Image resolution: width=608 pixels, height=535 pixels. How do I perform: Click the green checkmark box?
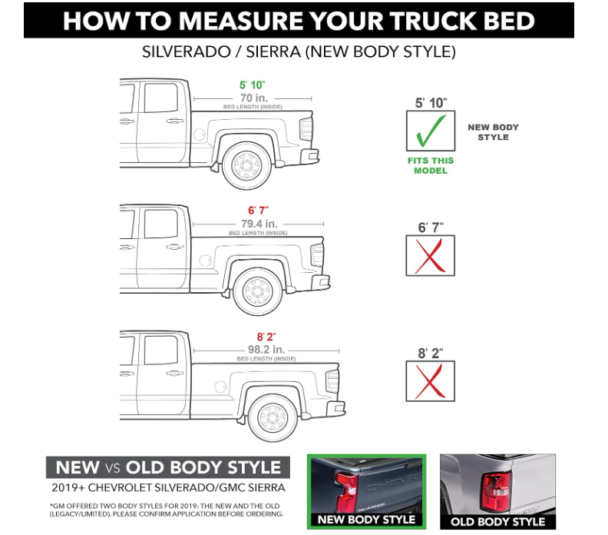click(x=431, y=131)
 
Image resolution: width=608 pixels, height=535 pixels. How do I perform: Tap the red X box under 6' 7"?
click(x=431, y=255)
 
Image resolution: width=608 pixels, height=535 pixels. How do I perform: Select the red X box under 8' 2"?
click(x=431, y=380)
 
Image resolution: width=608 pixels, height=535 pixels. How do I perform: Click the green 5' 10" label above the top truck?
click(x=252, y=85)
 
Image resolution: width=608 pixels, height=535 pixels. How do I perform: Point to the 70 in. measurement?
click(x=254, y=98)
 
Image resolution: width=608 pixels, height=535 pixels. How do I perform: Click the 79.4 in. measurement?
click(x=259, y=224)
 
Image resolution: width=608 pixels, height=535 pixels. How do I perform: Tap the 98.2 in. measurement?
click(x=266, y=349)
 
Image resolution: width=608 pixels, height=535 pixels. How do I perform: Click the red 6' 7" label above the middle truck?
click(x=258, y=211)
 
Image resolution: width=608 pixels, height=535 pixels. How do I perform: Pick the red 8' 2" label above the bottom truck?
click(x=266, y=337)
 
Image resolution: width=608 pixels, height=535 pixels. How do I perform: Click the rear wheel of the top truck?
click(x=246, y=166)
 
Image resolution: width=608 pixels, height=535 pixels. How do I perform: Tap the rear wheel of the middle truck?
click(x=257, y=291)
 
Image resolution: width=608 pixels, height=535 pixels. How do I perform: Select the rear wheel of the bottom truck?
click(x=273, y=417)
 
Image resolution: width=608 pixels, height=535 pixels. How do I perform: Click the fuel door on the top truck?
click(x=199, y=135)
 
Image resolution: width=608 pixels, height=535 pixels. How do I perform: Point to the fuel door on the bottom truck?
click(x=220, y=387)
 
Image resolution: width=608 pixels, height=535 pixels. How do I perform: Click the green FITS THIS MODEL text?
click(x=431, y=166)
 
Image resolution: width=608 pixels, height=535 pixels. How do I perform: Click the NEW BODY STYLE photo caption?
click(x=366, y=520)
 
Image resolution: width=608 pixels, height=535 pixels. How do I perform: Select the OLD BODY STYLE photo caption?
click(x=498, y=522)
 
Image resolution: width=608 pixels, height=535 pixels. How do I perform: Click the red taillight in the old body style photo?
click(x=496, y=491)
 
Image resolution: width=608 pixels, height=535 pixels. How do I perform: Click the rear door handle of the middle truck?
click(x=174, y=247)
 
